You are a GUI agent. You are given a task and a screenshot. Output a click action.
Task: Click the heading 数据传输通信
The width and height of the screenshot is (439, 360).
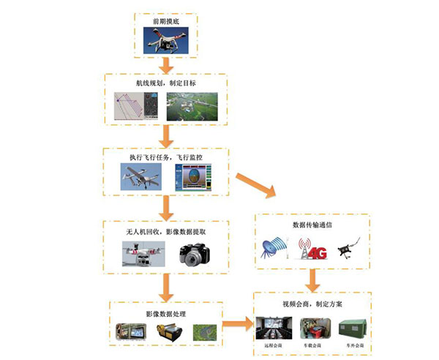click(312, 225)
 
